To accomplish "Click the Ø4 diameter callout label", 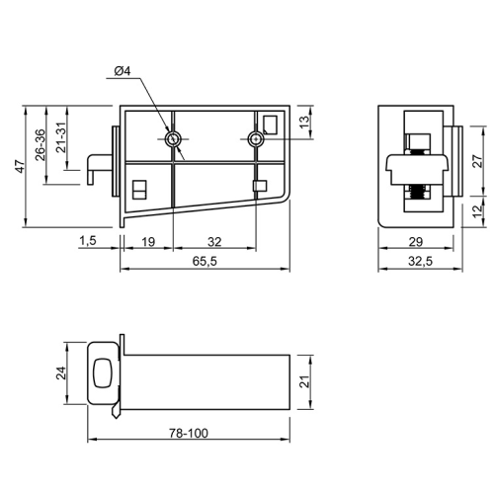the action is point(123,71).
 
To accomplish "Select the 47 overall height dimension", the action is point(20,166).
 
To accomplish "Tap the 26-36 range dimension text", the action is point(41,145).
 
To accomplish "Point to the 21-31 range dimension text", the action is point(61,136).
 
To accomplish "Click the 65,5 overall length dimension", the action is point(205,261).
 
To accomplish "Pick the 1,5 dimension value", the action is point(88,241).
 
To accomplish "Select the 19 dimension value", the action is point(148,242).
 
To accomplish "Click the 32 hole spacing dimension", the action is point(214,242).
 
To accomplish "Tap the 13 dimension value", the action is point(305,123).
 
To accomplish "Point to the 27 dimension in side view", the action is point(478,161).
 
